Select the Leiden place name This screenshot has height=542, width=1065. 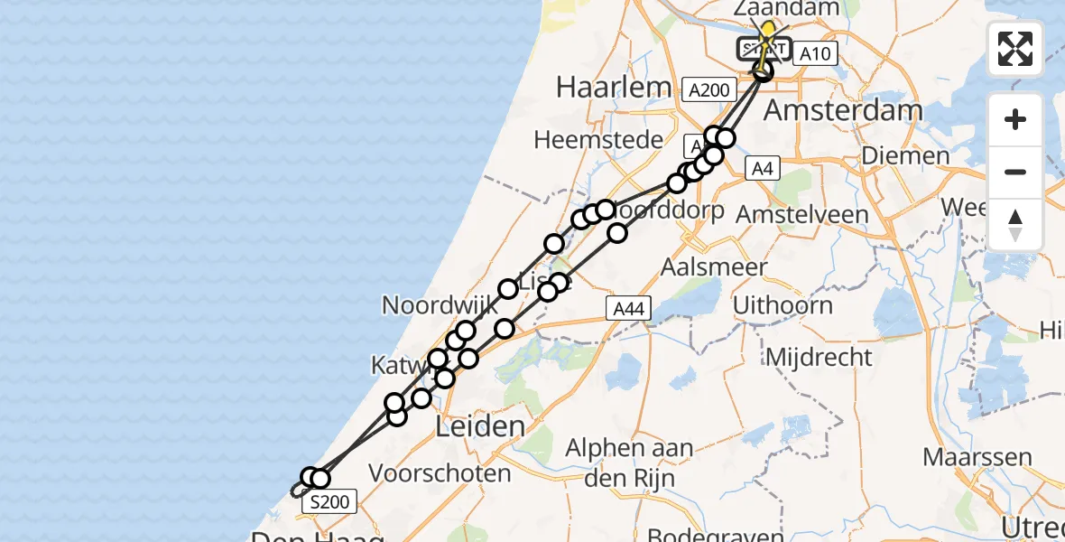[480, 426]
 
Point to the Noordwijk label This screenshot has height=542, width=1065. [440, 304]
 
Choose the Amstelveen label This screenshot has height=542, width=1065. [802, 215]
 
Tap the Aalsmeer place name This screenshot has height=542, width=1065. [714, 267]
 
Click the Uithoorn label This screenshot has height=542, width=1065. [783, 305]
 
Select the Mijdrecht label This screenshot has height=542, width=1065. [819, 357]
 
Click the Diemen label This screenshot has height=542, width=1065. [905, 155]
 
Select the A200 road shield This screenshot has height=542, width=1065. [708, 89]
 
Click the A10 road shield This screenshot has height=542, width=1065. [815, 54]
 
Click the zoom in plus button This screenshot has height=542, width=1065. [1015, 119]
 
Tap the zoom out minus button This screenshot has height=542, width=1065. [1015, 172]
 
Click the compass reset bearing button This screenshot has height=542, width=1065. [1015, 224]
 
